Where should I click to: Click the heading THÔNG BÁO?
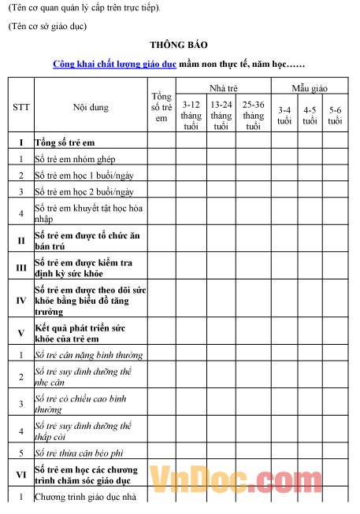(x=179, y=46)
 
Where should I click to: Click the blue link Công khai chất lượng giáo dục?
(x=114, y=63)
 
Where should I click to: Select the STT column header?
(x=21, y=107)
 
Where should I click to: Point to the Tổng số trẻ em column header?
(x=161, y=107)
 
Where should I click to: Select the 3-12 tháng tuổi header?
(x=191, y=115)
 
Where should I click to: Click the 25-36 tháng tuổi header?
(x=253, y=115)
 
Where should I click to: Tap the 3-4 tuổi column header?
(x=284, y=116)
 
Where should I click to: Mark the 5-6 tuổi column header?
(x=336, y=116)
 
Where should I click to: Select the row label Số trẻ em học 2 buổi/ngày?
(x=85, y=191)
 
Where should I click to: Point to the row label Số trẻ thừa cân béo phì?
(x=82, y=453)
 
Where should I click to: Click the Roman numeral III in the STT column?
(x=21, y=268)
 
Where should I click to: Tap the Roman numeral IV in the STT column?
(x=21, y=300)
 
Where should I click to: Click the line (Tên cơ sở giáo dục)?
(x=47, y=26)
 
